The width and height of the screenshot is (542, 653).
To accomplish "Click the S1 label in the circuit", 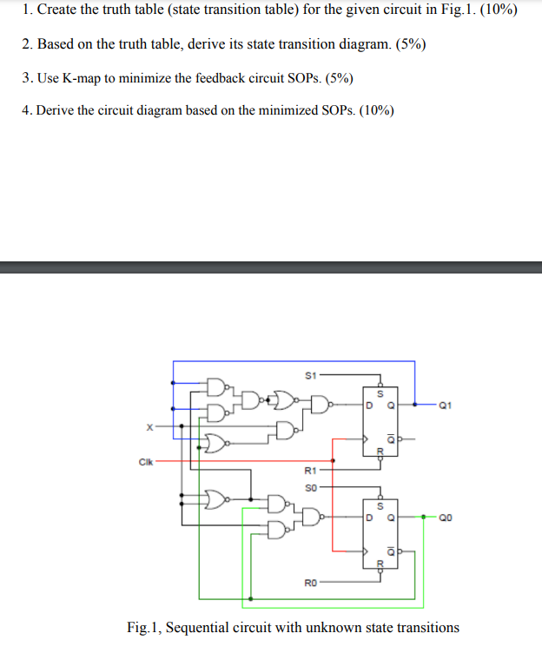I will [310, 374].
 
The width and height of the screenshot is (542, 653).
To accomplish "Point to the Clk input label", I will [144, 461].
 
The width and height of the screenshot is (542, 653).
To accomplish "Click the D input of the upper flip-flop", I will [368, 404].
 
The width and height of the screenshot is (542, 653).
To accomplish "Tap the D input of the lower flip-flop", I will [368, 518].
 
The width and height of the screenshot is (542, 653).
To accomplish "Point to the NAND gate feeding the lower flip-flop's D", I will [310, 518].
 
